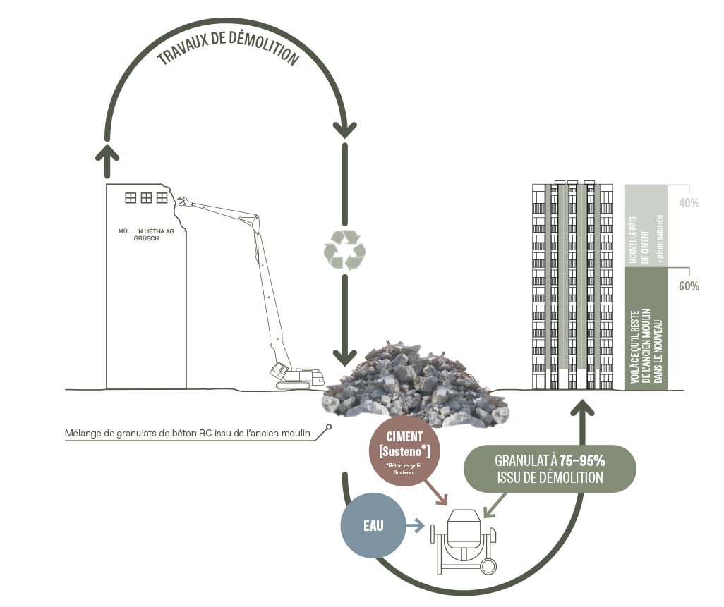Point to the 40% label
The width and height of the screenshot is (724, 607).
pyautogui.click(x=688, y=203)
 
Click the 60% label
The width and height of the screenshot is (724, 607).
pyautogui.click(x=688, y=287)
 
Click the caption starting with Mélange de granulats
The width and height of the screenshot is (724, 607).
pyautogui.click(x=188, y=432)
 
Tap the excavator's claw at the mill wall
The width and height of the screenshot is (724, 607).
pyautogui.click(x=183, y=203)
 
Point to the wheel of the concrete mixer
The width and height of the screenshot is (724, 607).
pyautogui.click(x=487, y=565)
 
